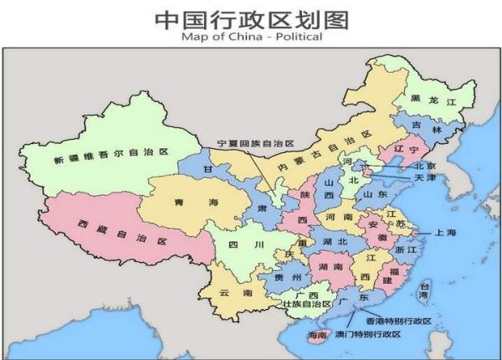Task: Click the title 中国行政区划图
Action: pos(251,18)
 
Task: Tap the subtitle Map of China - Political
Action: pos(251,38)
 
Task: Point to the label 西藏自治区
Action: pos(120,232)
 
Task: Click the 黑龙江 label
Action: pos(433,100)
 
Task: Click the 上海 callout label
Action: pos(444,232)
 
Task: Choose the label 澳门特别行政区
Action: pos(368,335)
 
